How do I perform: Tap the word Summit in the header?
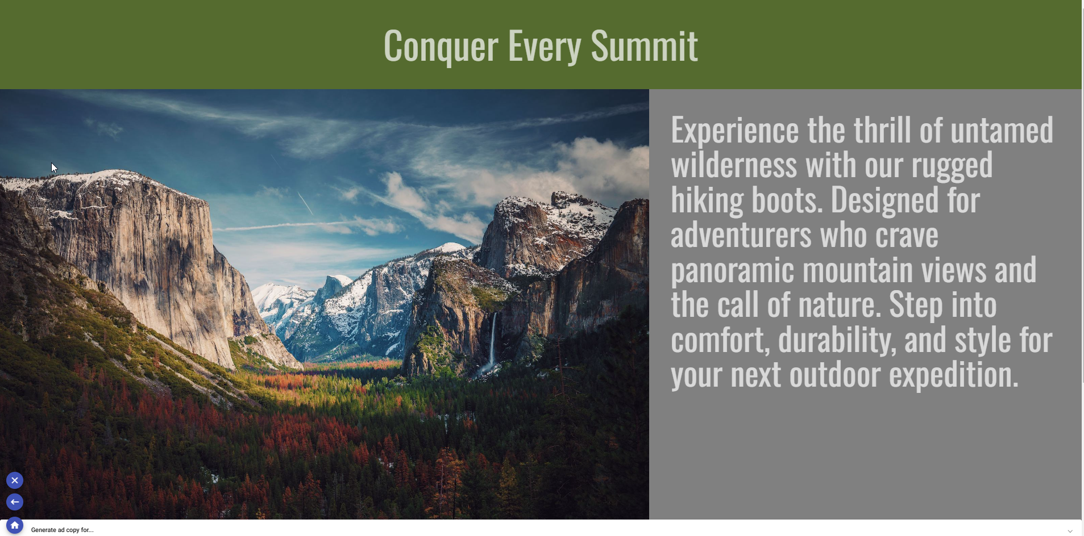click(x=645, y=45)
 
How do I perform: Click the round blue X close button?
click(x=15, y=480)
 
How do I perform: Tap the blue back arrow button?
click(x=15, y=502)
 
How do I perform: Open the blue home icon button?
click(x=15, y=526)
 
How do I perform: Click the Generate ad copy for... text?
click(x=62, y=530)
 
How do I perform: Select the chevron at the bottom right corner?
click(x=1070, y=531)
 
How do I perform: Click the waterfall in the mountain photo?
click(x=492, y=341)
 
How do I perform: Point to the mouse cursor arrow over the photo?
click(x=54, y=167)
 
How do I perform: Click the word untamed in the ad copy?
click(x=1002, y=130)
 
